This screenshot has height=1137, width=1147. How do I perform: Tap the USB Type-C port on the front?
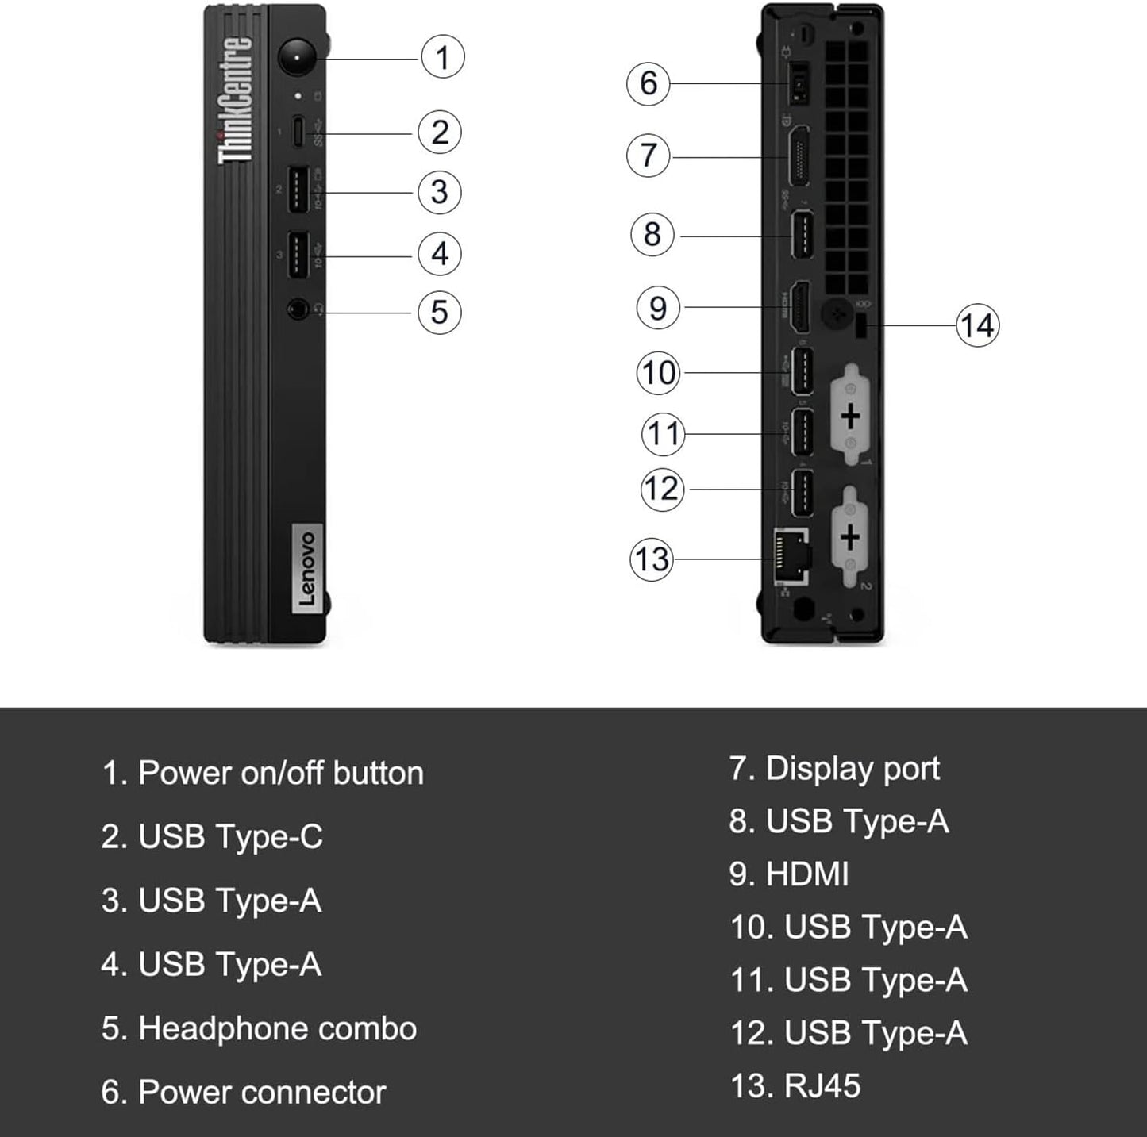[x=298, y=133]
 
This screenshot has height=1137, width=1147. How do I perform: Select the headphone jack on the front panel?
[x=298, y=309]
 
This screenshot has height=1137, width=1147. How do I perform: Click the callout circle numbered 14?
[x=976, y=325]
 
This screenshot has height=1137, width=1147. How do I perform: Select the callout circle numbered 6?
[x=649, y=83]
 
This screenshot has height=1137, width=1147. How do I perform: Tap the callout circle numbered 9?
[x=658, y=308]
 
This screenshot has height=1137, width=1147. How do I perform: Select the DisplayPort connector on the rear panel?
[x=797, y=156]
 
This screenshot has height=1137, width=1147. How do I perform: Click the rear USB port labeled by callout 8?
[x=802, y=236]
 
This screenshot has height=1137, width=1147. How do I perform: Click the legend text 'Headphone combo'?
[x=277, y=1028]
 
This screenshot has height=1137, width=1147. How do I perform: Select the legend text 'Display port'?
[x=852, y=768]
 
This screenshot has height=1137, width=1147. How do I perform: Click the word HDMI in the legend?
[x=806, y=874]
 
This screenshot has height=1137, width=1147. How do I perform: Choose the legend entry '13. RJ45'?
[x=795, y=1085]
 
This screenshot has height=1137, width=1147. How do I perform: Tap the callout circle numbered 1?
[x=442, y=57]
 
